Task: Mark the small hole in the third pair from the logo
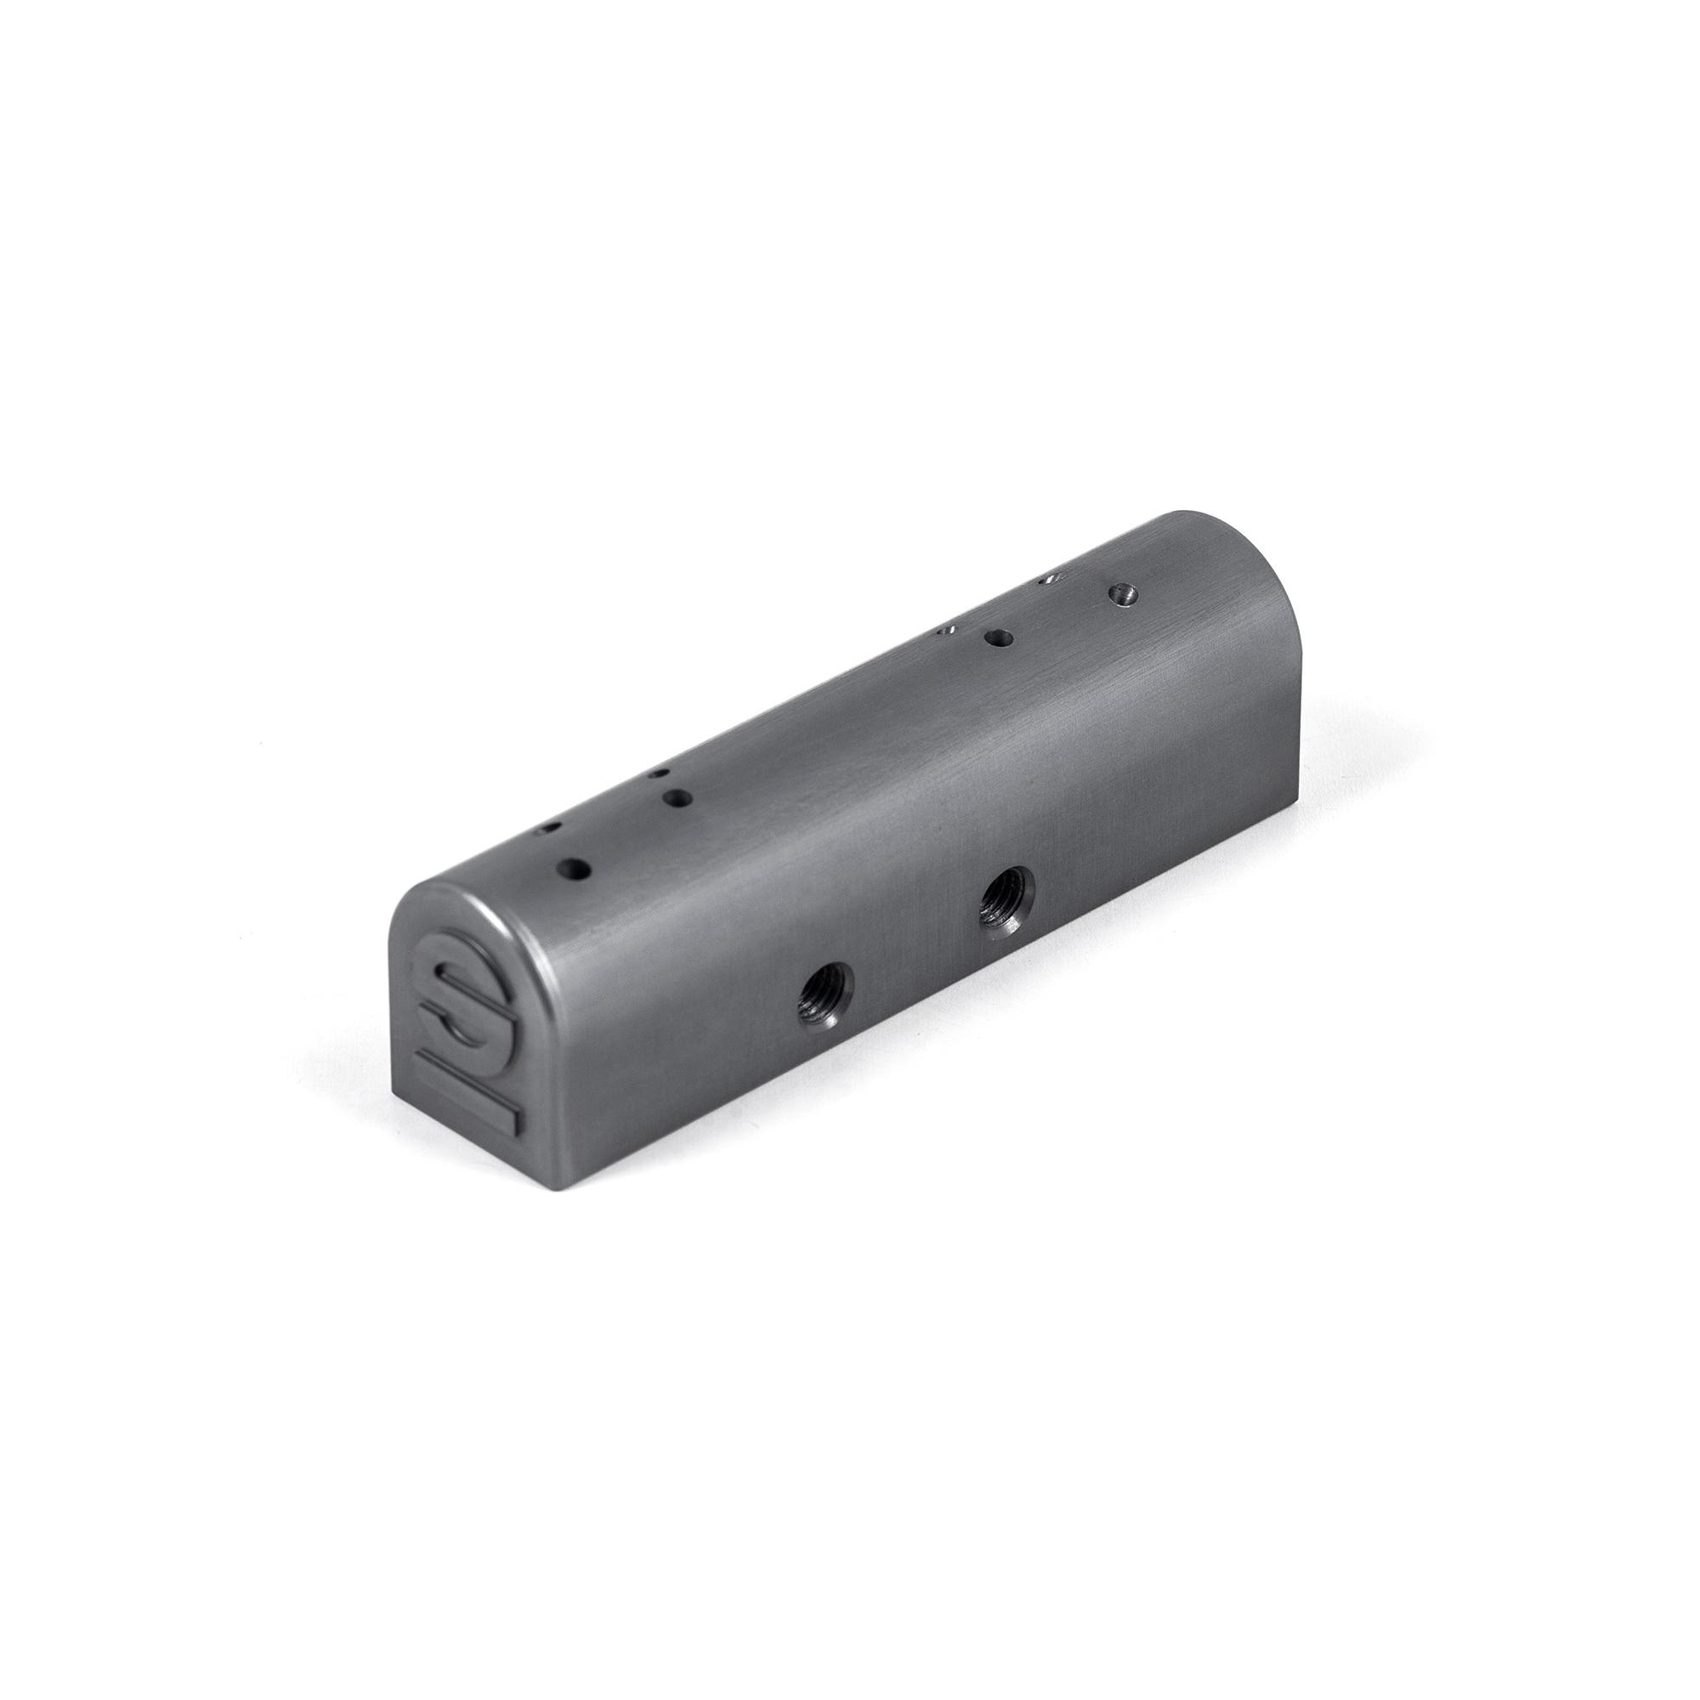(x=947, y=630)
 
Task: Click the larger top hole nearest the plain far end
(x=1122, y=592)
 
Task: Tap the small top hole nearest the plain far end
(x=1047, y=578)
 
